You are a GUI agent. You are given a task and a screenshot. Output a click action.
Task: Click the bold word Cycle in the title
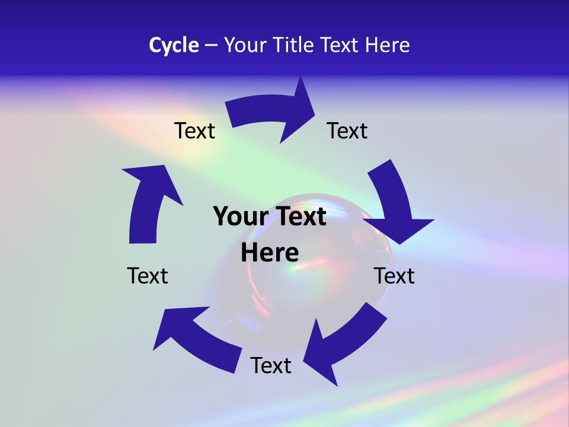coord(174,45)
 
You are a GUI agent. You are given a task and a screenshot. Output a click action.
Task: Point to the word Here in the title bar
coord(387,45)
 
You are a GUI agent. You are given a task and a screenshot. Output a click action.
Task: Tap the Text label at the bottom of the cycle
coord(271,365)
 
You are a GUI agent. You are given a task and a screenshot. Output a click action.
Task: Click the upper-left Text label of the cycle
coord(194,130)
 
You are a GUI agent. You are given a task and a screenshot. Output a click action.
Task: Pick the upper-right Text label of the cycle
coord(347,130)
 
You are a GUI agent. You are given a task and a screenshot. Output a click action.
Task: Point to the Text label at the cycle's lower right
coord(394,276)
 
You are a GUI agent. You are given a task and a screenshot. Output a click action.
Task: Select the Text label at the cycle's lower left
coord(148,276)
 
